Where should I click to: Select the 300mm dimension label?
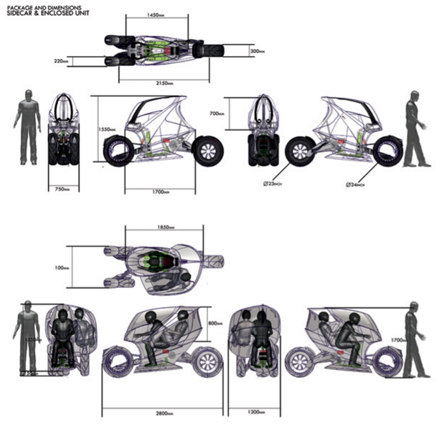tap(257, 51)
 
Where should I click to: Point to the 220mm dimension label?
tap(61, 61)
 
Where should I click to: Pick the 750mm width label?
tap(62, 189)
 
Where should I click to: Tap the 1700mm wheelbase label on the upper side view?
tap(161, 191)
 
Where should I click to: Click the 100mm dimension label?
tap(61, 268)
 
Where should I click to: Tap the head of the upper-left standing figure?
tap(28, 95)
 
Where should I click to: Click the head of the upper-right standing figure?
tap(414, 96)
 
